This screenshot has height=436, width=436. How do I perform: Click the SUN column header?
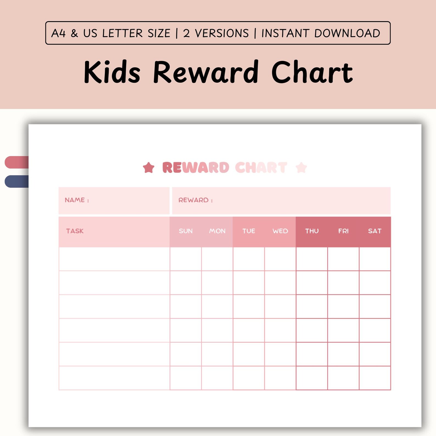[x=186, y=231]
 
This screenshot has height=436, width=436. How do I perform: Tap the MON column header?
[x=217, y=231]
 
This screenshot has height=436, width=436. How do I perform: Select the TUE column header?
[x=249, y=231]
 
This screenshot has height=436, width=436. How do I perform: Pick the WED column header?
[x=280, y=231]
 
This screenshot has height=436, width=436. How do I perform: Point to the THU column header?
[x=312, y=231]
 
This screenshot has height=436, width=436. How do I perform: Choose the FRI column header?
[x=343, y=231]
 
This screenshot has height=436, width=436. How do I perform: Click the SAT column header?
[x=374, y=231]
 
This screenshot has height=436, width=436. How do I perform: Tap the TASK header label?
[x=75, y=231]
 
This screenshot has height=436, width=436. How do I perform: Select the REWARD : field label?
[x=195, y=200]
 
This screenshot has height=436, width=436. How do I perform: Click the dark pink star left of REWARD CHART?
[x=149, y=167]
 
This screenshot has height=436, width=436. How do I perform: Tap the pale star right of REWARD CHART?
[x=301, y=167]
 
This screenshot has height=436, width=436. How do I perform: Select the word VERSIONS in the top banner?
[x=222, y=33]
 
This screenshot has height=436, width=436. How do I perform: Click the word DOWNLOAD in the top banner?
[x=347, y=33]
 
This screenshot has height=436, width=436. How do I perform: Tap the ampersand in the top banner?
[x=74, y=33]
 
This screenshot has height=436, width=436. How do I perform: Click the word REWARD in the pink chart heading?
[x=195, y=167]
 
